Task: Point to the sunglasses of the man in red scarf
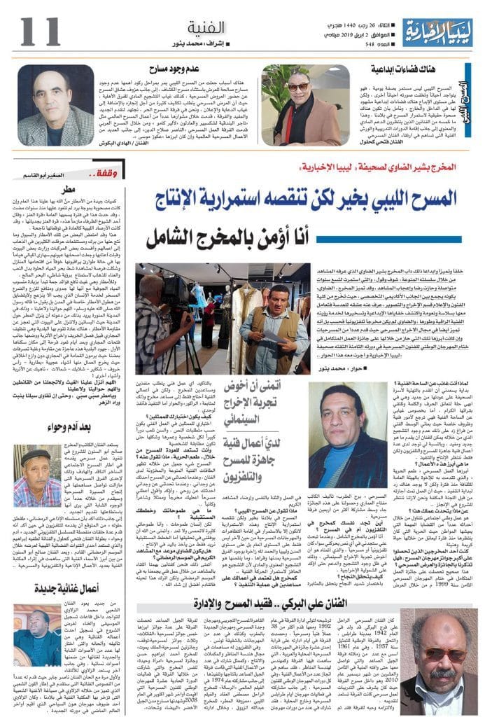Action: (299, 87)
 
